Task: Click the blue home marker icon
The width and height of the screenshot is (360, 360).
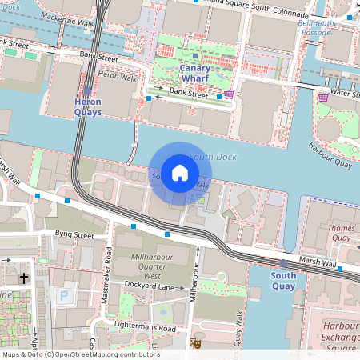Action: point(180,173)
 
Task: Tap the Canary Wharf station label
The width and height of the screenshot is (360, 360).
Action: point(195,74)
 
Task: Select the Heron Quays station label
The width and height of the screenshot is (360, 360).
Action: point(87,107)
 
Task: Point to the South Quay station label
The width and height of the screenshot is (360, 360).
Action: point(283,281)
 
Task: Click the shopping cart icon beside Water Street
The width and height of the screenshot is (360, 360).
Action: point(323,98)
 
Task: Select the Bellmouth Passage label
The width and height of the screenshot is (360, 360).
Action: point(338,30)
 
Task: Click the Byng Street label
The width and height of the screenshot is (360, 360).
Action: point(74,235)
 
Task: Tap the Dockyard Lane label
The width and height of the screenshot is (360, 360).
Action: point(153,286)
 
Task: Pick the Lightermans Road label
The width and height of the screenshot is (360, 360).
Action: point(144,328)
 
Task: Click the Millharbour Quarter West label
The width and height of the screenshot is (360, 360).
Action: point(153,265)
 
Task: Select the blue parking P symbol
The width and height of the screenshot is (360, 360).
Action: point(64,295)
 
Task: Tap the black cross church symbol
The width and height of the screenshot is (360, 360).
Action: point(24,278)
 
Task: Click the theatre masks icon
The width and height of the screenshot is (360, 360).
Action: point(194,342)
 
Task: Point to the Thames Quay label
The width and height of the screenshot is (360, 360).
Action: point(342,233)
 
